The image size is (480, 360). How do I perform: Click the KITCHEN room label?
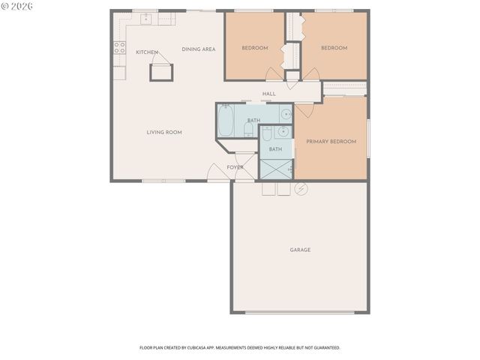pyautogui.click(x=146, y=52)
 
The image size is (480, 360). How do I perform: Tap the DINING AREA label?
pyautogui.click(x=199, y=49)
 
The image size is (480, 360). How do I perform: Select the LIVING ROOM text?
pyautogui.click(x=164, y=133)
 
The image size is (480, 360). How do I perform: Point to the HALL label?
pyautogui.click(x=268, y=94)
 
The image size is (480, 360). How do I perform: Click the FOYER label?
pyautogui.click(x=235, y=167)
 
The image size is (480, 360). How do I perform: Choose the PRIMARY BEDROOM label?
pyautogui.click(x=331, y=142)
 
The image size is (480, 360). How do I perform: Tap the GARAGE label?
pyautogui.click(x=300, y=250)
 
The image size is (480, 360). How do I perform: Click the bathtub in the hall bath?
pyautogui.click(x=226, y=118)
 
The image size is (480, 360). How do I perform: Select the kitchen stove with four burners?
pyautogui.click(x=118, y=49)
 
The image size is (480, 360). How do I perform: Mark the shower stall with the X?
pyautogui.click(x=275, y=169)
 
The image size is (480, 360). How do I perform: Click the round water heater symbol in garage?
pyautogui.click(x=301, y=187)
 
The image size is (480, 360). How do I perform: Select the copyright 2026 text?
pyautogui.click(x=18, y=6)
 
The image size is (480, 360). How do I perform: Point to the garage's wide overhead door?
pyautogui.click(x=301, y=312)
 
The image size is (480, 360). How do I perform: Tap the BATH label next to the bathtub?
pyautogui.click(x=253, y=121)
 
